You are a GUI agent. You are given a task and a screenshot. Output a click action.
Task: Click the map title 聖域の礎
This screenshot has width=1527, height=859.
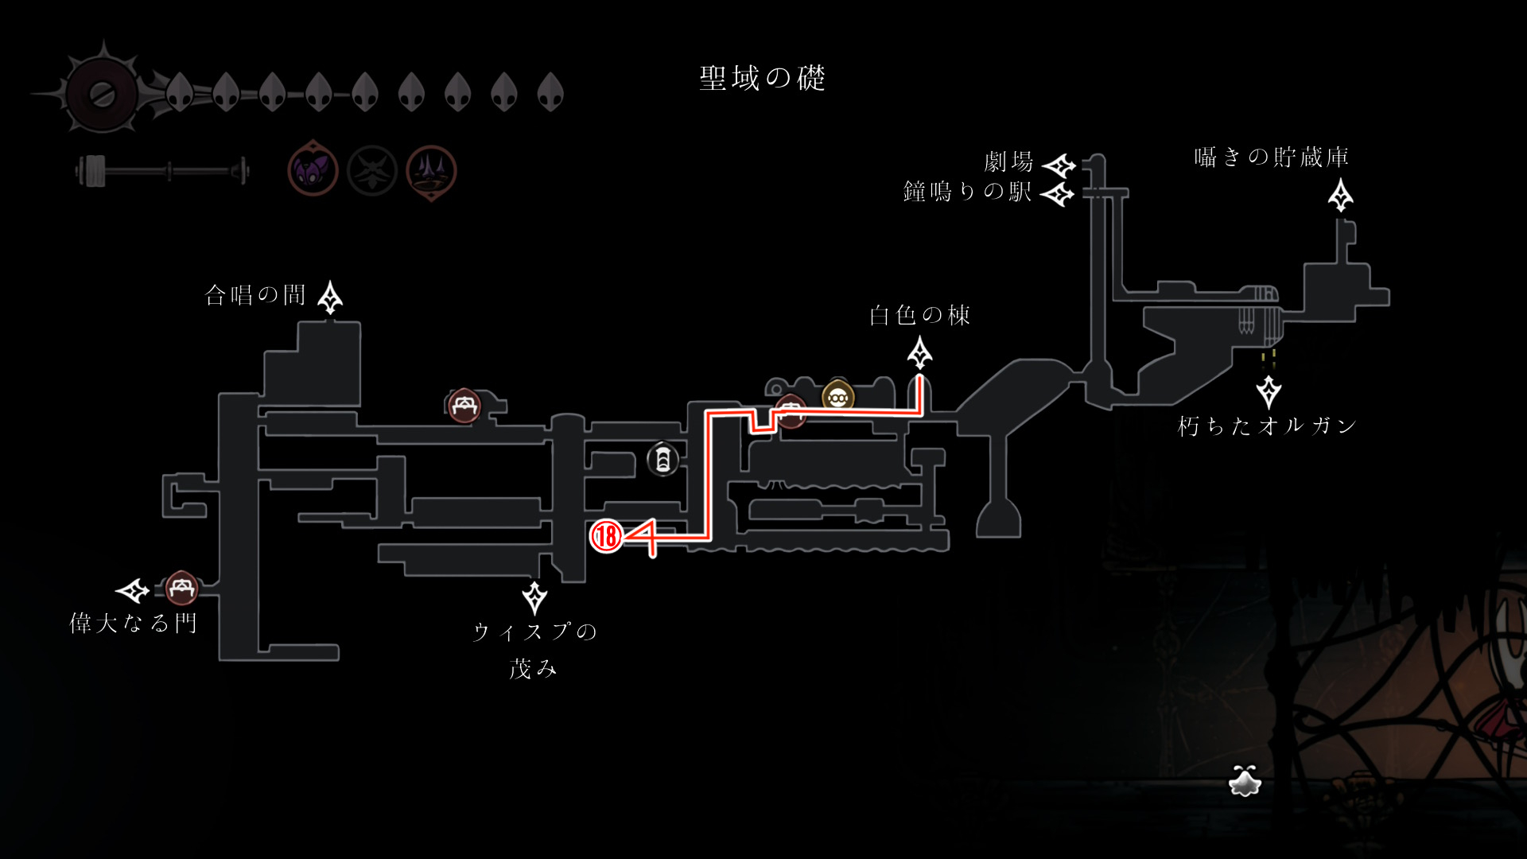(x=762, y=78)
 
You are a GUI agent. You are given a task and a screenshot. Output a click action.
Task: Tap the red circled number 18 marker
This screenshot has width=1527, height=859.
(x=606, y=536)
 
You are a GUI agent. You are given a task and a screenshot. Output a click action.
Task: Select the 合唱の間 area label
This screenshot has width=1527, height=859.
(x=255, y=296)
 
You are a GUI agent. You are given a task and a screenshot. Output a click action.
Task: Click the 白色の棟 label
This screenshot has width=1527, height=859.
(x=919, y=316)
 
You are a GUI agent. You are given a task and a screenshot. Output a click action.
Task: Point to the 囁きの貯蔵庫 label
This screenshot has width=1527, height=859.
(x=1271, y=157)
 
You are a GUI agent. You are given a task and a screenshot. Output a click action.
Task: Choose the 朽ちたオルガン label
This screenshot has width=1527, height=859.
(x=1267, y=426)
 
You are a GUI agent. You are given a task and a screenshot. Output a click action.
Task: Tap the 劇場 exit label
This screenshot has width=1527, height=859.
(x=1008, y=162)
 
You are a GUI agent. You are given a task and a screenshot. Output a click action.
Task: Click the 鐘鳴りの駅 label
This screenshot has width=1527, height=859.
(x=967, y=192)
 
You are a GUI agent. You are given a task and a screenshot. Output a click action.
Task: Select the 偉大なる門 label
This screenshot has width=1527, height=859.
(x=133, y=623)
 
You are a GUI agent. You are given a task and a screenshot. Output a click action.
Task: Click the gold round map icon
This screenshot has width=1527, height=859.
(x=837, y=395)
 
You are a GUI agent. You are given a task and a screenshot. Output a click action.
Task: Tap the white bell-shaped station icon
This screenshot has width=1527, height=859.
(x=662, y=460)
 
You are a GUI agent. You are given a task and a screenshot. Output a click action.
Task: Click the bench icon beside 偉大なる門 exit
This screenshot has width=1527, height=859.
(x=181, y=588)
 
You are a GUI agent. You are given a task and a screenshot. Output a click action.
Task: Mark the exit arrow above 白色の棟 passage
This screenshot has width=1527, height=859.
(x=920, y=353)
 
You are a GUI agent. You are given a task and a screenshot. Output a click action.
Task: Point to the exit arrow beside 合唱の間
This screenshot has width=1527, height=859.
(x=330, y=297)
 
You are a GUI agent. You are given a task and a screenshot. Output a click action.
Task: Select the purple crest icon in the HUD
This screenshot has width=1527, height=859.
(x=313, y=170)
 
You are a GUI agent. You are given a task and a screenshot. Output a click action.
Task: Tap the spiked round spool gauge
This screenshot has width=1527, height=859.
(x=103, y=94)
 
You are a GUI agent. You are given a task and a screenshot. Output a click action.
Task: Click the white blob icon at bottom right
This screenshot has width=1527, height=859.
(x=1245, y=782)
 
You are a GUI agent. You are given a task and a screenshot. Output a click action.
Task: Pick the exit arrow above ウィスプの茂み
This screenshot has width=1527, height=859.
(x=534, y=597)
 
